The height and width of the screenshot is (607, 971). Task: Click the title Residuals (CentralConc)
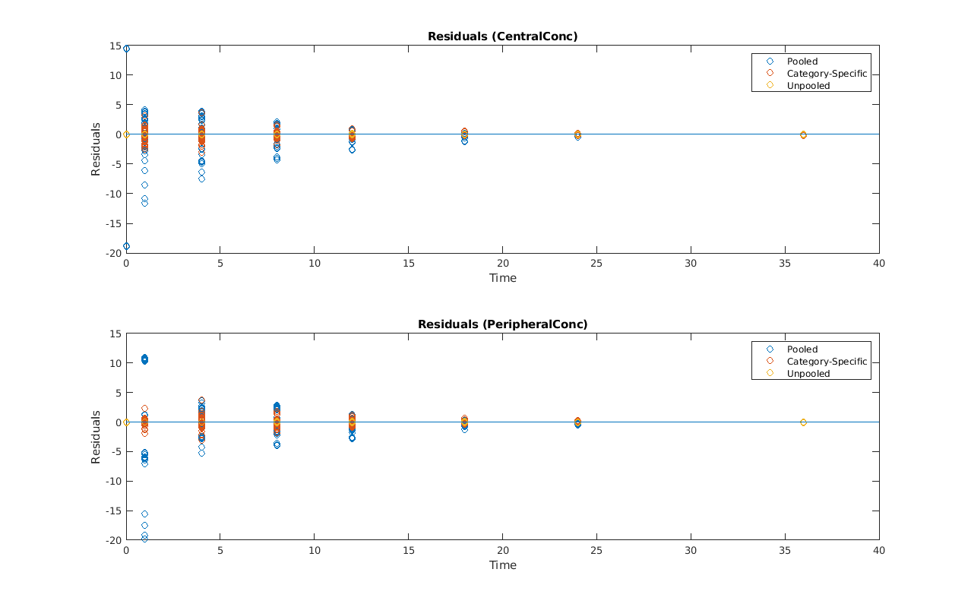[x=502, y=36]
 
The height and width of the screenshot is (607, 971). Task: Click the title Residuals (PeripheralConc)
[x=502, y=324]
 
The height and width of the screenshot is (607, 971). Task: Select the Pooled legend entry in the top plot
[x=802, y=62]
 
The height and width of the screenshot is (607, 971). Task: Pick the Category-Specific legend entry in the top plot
[x=827, y=74]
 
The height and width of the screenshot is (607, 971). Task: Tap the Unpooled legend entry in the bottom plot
[x=808, y=374]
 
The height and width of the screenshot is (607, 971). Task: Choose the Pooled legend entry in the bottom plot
[x=802, y=349]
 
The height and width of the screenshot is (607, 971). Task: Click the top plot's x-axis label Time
[x=502, y=278]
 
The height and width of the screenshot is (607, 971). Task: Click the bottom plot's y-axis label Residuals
[x=96, y=438]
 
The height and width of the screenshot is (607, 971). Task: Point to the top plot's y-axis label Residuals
[x=96, y=150]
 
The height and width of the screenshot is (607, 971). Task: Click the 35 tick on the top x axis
[x=785, y=263]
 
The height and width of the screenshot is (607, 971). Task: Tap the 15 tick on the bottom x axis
[x=409, y=551]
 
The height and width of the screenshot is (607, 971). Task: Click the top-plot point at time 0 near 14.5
[x=126, y=49]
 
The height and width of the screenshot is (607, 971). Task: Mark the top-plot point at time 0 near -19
[x=126, y=246]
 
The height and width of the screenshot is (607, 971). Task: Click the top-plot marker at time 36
[x=803, y=134]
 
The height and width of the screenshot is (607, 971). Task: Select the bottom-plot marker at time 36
[x=803, y=422]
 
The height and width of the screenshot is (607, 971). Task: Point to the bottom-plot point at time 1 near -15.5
[x=144, y=514]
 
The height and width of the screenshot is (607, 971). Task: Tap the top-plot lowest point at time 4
[x=201, y=179]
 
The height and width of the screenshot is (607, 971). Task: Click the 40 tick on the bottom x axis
[x=879, y=551]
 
